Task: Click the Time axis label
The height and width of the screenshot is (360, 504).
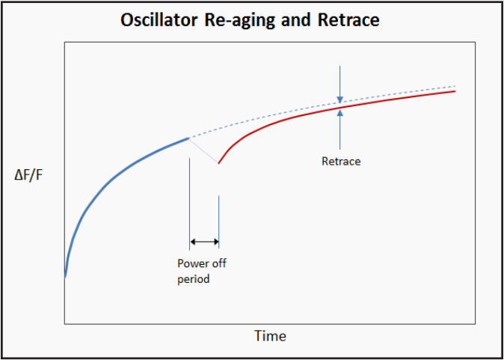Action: (x=270, y=335)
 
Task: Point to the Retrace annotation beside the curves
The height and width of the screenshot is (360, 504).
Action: (x=341, y=161)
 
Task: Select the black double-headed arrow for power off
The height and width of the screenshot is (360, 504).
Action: (x=204, y=242)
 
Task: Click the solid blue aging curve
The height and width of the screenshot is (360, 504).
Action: (x=112, y=177)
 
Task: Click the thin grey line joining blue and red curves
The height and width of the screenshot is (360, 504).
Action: (x=204, y=150)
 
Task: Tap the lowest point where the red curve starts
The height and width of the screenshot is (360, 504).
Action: (x=218, y=163)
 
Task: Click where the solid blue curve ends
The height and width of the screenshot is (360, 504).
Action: (x=189, y=138)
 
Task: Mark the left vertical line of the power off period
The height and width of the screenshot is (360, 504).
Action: (x=190, y=195)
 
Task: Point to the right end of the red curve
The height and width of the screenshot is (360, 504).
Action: (x=455, y=91)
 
